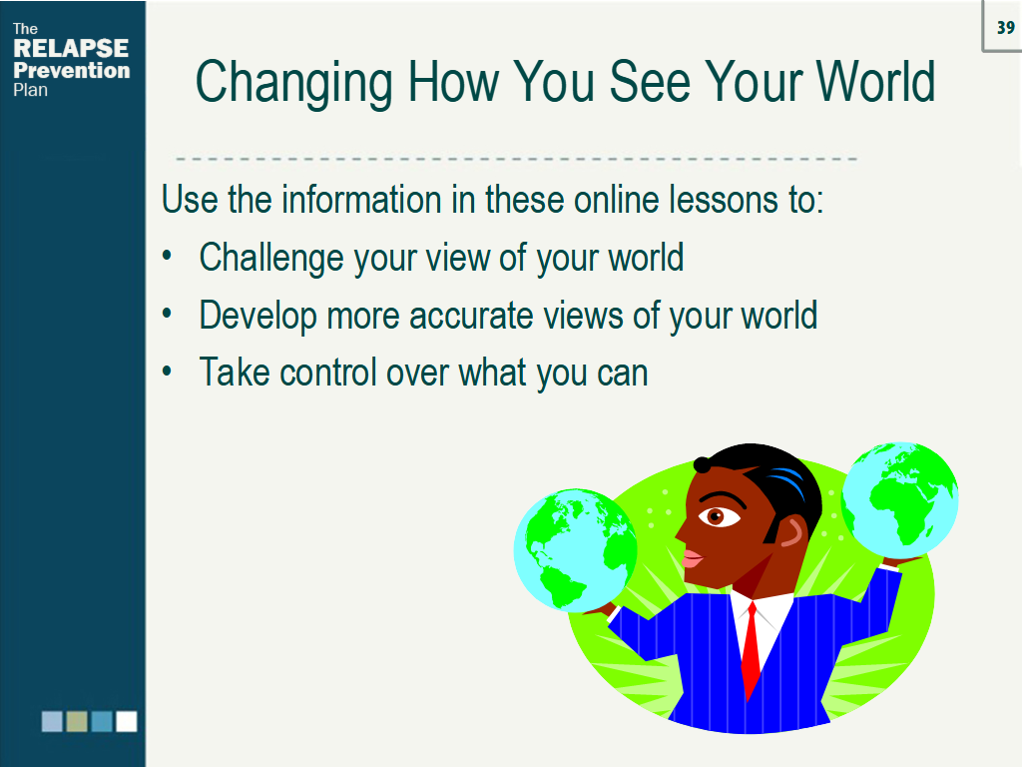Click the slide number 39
tap(1004, 28)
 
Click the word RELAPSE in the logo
tap(71, 49)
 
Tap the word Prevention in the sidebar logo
tap(72, 70)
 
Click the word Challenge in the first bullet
tap(270, 258)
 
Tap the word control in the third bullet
tap(326, 373)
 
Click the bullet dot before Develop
tap(169, 315)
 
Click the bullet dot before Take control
tap(169, 372)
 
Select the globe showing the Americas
tap(575, 549)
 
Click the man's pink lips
tap(691, 557)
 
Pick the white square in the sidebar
tap(126, 721)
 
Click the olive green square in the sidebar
tap(77, 721)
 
